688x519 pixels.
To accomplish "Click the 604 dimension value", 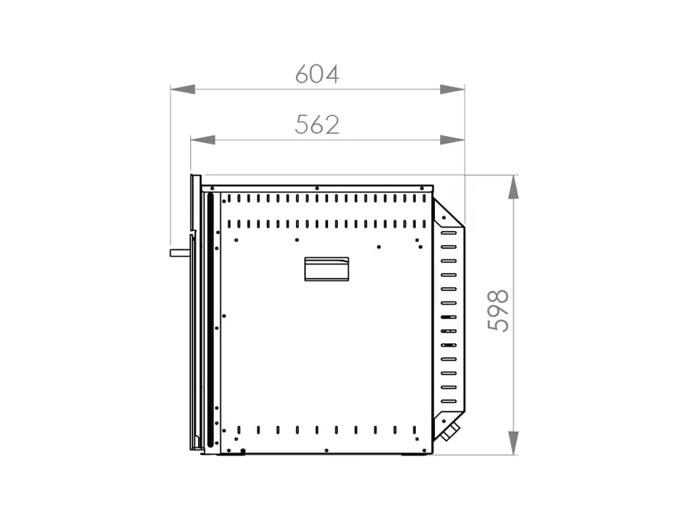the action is [316, 74].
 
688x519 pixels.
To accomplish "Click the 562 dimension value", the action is [316, 125].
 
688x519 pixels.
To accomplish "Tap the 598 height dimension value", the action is [498, 310].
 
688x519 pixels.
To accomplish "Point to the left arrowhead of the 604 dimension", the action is [183, 89].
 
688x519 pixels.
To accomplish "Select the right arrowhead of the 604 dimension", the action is [452, 89].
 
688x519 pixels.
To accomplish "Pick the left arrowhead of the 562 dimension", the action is [203, 140].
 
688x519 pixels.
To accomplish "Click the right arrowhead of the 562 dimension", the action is [452, 140].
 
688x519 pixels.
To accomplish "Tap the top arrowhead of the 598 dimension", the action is [514, 187].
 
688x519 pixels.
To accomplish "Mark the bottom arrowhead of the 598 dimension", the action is [514, 443].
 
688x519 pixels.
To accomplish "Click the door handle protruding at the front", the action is [180, 253].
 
